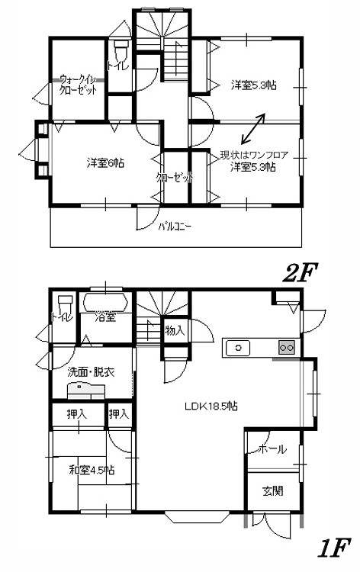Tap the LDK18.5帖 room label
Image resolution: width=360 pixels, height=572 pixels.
click(211, 407)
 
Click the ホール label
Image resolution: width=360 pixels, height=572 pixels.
click(272, 449)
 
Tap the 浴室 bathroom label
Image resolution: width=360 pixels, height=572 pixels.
click(105, 317)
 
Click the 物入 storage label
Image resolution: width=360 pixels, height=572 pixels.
click(175, 330)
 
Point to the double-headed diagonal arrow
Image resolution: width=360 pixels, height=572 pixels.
click(253, 128)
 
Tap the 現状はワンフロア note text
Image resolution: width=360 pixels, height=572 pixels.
click(254, 155)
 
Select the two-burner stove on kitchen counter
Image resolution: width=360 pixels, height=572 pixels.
click(286, 347)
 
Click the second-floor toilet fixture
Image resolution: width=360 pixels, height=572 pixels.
click(121, 53)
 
